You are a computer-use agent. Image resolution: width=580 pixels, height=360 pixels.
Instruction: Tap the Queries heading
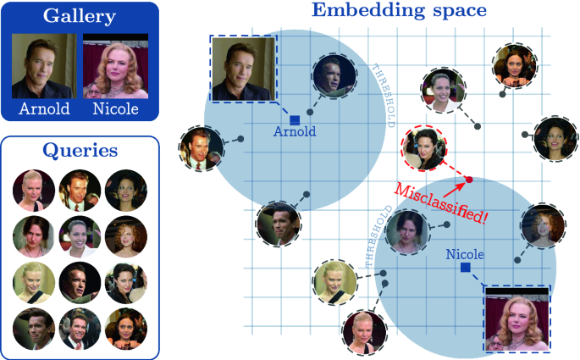pyautogui.click(x=80, y=150)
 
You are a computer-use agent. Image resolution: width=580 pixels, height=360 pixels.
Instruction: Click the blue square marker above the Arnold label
pyautogui.click(x=295, y=119)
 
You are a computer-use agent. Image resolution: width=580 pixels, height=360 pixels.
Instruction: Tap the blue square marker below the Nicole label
pyautogui.click(x=465, y=268)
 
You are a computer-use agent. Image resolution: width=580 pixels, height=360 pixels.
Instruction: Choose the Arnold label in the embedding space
pyautogui.click(x=295, y=132)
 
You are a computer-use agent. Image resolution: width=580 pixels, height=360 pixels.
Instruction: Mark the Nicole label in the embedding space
pyautogui.click(x=465, y=254)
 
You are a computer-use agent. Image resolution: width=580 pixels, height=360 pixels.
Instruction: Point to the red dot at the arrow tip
pyautogui.click(x=469, y=180)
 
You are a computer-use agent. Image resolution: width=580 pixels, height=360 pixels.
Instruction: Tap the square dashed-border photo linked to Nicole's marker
pyautogui.click(x=516, y=318)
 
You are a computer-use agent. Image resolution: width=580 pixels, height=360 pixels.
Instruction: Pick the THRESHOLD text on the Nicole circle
pyautogui.click(x=378, y=236)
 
